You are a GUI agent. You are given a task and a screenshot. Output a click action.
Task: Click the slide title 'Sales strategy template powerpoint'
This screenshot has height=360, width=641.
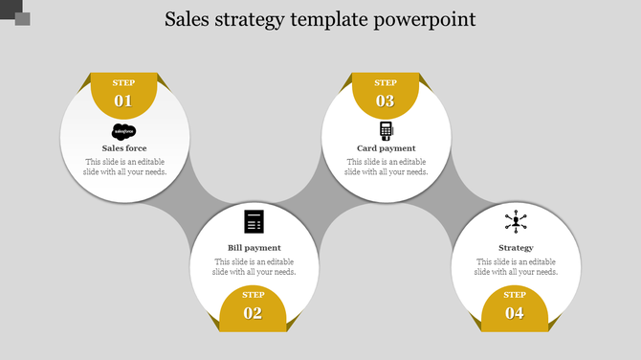[320, 19]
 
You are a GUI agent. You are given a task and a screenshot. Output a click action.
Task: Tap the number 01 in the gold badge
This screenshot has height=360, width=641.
[123, 101]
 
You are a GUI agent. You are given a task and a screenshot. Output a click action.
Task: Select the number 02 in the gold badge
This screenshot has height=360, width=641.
[253, 313]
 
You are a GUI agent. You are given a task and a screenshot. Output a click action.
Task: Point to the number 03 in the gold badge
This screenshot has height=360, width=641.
[385, 101]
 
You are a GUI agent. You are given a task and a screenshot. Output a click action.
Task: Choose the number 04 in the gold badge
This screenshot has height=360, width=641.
[515, 313]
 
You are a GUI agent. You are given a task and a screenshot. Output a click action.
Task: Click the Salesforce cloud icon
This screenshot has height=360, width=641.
[124, 131]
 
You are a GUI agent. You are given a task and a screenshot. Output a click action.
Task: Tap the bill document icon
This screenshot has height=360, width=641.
[254, 221]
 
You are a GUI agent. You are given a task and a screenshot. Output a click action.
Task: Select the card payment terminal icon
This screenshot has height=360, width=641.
[386, 130]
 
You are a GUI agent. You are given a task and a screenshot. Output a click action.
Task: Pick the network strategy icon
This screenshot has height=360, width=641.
[516, 222]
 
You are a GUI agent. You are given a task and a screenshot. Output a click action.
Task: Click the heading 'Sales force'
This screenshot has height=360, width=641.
[124, 148]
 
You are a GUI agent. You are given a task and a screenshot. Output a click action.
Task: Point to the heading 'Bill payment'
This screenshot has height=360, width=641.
[254, 248]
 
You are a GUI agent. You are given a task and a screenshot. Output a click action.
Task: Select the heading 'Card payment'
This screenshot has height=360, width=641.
[386, 148]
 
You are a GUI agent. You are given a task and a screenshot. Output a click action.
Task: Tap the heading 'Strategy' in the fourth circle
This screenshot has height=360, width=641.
[516, 248]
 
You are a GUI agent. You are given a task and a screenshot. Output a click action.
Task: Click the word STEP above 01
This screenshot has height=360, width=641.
[123, 83]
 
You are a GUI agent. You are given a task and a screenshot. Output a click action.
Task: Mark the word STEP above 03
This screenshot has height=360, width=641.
[385, 83]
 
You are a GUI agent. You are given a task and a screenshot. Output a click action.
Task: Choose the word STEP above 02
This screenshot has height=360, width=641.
[253, 295]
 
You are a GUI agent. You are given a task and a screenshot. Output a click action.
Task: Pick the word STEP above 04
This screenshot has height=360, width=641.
[515, 295]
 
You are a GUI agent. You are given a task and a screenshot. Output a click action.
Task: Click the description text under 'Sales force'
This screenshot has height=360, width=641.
[124, 168]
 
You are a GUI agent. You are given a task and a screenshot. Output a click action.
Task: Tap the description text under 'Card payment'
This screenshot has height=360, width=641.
[386, 168]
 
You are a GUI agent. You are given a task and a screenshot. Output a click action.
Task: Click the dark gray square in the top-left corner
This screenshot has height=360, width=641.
[20, 17]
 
